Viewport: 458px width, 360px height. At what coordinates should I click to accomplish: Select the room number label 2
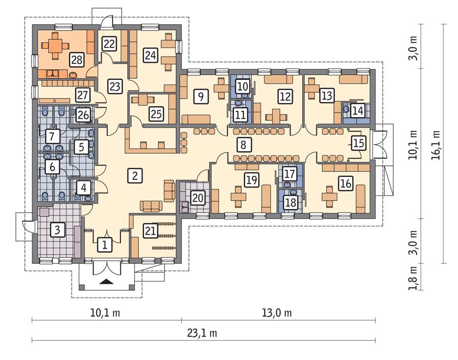[x=134, y=176]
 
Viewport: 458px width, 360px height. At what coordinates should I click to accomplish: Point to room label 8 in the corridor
[x=244, y=144]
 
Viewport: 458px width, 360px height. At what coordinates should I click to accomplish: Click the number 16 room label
[x=346, y=184]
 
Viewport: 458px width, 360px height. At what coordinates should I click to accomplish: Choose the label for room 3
[x=58, y=230]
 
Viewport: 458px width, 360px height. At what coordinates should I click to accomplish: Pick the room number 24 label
[x=150, y=55]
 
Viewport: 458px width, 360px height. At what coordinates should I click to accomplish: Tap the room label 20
[x=197, y=198]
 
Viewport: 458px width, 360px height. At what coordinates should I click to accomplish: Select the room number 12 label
[x=284, y=95]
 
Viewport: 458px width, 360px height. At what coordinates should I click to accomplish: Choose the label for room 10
[x=243, y=86]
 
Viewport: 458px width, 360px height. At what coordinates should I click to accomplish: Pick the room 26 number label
[x=83, y=115]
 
